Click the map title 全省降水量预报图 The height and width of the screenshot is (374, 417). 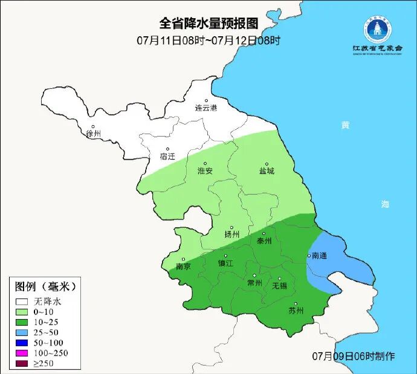point(208,24)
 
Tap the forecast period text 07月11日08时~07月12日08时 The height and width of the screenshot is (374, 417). point(208,40)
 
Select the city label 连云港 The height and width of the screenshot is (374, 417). point(205,109)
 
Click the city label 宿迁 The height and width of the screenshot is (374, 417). point(167,156)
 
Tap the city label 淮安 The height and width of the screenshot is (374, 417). point(205,171)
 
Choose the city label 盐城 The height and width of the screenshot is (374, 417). point(266,171)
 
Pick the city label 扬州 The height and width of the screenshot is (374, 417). point(231,234)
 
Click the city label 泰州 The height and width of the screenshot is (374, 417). point(264,240)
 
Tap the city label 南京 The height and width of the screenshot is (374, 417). point(183,266)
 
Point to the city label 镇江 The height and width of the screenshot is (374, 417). point(225,264)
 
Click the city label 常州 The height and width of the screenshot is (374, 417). point(254,283)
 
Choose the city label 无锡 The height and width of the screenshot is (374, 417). point(279,285)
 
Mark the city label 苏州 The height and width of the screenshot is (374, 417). point(296,311)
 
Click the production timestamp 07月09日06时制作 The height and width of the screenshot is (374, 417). point(354,356)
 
